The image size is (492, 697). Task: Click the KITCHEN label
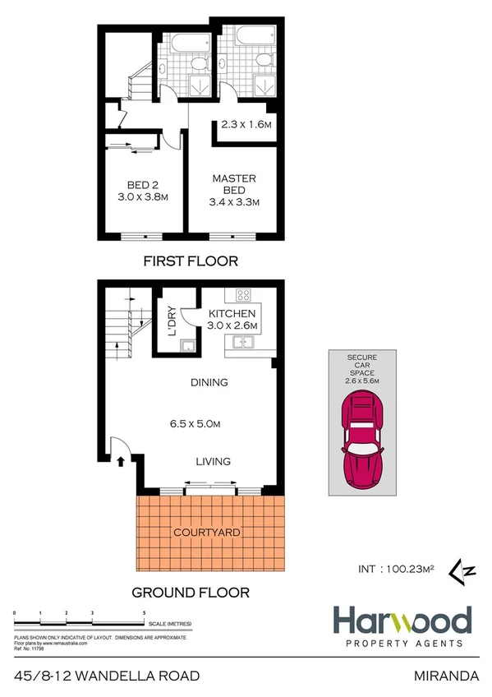[x=232, y=314]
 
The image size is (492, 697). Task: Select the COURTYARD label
[x=206, y=533]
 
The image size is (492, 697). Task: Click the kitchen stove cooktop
[x=242, y=295]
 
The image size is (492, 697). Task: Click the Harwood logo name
[x=401, y=621]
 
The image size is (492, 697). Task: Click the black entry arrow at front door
[x=122, y=461]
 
